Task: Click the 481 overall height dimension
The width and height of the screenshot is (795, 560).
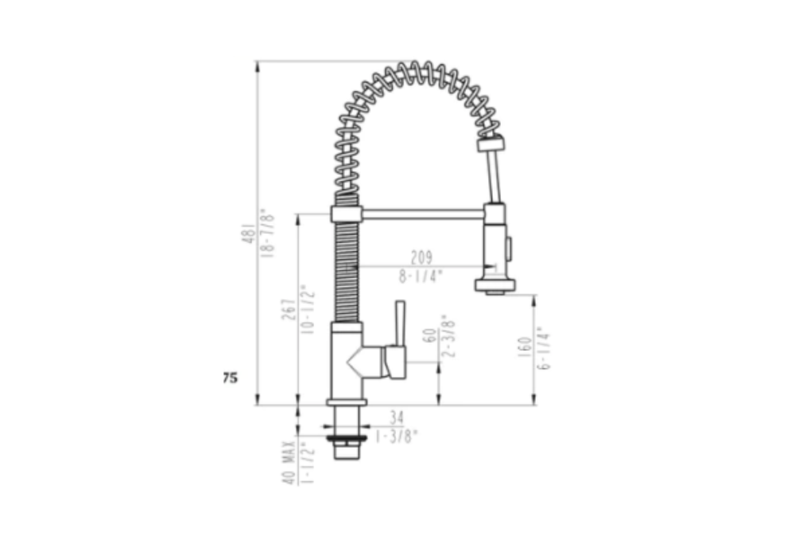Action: pos(248,232)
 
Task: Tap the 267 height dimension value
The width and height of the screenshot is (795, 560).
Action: pos(289,309)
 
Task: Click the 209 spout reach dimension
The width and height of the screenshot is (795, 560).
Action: pos(421,258)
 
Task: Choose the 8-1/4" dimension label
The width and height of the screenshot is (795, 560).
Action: pos(421,277)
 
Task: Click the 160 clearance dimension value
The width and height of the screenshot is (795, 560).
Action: pos(525,347)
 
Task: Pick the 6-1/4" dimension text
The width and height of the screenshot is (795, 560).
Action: pos(544,348)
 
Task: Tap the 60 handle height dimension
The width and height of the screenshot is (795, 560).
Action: pos(429,336)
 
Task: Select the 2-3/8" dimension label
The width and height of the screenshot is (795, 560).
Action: pos(448,336)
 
